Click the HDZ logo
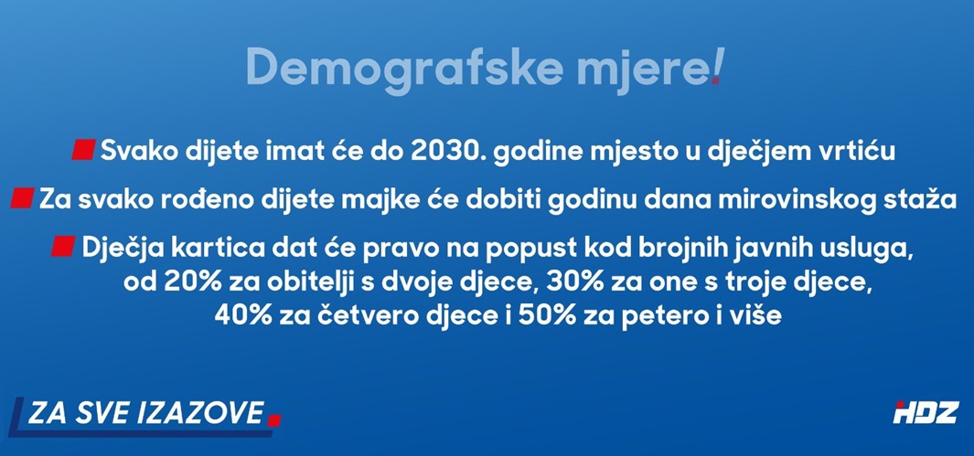(926, 412)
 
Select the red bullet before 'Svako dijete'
(83, 150)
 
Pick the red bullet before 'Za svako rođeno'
(22, 198)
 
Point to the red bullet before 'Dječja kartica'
(63, 247)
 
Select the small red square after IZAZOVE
(274, 420)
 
